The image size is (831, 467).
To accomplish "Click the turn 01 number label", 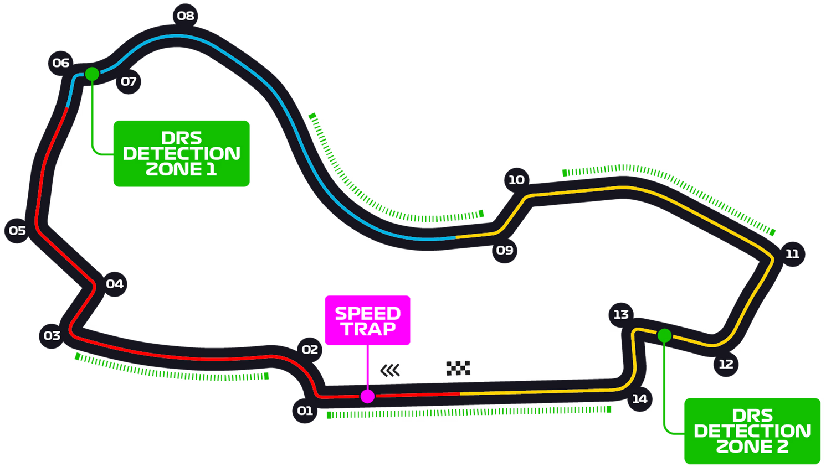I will click(x=305, y=411).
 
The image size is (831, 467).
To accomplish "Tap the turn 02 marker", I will click(x=310, y=350).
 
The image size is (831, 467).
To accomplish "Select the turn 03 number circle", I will click(x=52, y=336).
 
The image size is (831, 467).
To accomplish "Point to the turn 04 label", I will click(x=115, y=284).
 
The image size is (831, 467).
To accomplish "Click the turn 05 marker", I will click(x=17, y=231).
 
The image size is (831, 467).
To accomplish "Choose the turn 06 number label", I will click(x=61, y=63).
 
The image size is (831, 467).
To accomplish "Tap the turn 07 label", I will click(x=129, y=82).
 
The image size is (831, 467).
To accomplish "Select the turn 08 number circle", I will click(x=186, y=16).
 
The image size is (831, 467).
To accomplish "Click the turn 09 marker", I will click(x=505, y=250).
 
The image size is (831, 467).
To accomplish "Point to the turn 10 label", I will click(x=516, y=180).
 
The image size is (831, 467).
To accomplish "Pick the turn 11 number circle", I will click(x=792, y=254).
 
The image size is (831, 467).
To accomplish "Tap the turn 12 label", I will click(x=726, y=364).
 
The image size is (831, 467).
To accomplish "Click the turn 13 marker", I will click(x=621, y=315).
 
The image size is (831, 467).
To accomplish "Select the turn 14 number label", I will click(x=640, y=399).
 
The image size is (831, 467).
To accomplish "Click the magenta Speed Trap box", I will click(x=367, y=320).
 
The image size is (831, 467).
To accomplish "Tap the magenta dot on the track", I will click(x=367, y=396).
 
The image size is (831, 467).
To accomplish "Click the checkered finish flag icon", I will click(x=458, y=368).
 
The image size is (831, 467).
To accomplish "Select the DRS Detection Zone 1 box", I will click(x=181, y=153).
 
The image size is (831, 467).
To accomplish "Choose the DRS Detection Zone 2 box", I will click(x=752, y=430).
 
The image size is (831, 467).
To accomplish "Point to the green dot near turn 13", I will click(x=664, y=335).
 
